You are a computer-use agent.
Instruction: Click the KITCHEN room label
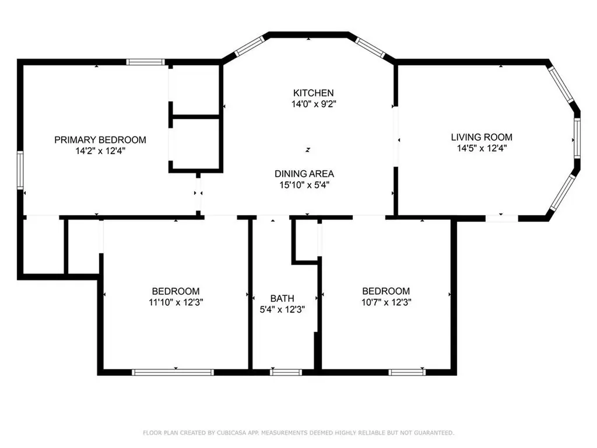click(x=313, y=93)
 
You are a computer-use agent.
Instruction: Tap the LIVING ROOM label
click(x=482, y=137)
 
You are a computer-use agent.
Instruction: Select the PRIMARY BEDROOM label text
click(x=100, y=140)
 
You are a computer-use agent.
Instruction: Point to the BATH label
click(x=282, y=298)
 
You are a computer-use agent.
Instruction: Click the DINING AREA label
click(x=304, y=174)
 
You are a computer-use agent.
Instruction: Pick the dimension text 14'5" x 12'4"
click(x=482, y=148)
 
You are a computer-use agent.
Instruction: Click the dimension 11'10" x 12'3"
click(x=175, y=303)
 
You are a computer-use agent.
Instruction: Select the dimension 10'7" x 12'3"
click(x=386, y=303)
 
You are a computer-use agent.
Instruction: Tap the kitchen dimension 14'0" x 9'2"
click(x=313, y=104)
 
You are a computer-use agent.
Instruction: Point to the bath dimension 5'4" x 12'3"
click(x=282, y=309)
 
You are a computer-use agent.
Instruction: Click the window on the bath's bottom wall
click(x=286, y=372)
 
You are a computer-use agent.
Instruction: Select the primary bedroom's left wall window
click(x=20, y=170)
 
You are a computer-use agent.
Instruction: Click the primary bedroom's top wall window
click(x=145, y=62)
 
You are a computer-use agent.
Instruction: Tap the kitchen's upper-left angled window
click(x=250, y=46)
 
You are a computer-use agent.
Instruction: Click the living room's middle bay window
click(x=577, y=138)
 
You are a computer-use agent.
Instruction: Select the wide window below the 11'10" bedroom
click(x=173, y=372)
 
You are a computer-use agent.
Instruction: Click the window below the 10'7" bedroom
click(x=407, y=372)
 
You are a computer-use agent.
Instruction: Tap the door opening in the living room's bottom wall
click(x=502, y=218)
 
